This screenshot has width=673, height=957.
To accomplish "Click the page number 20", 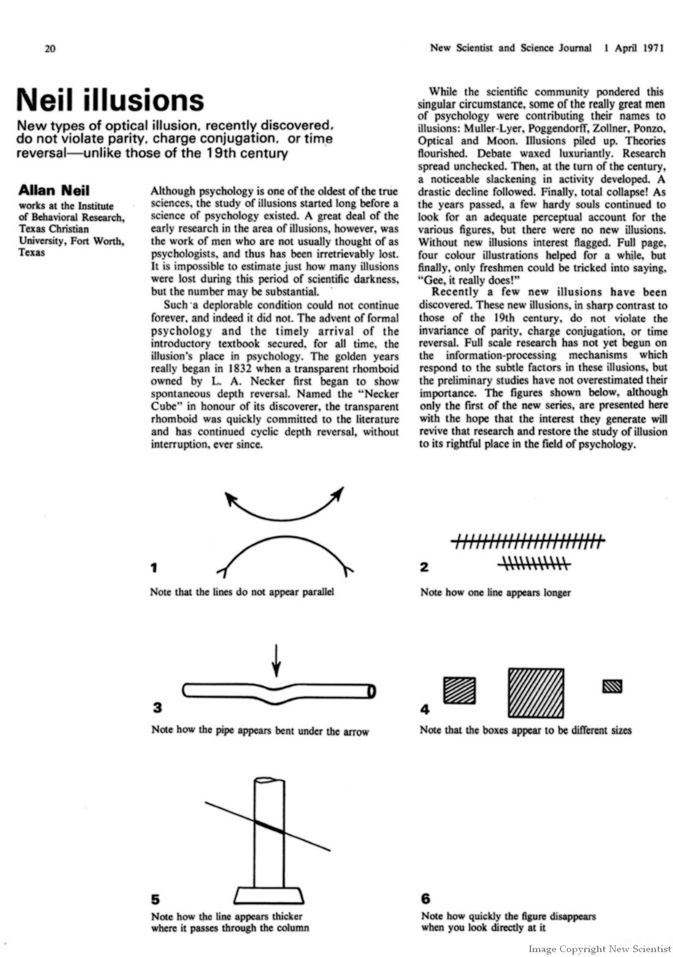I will [50, 49].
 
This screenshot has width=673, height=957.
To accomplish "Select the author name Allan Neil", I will [54, 191].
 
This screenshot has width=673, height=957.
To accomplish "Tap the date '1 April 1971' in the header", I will [633, 48].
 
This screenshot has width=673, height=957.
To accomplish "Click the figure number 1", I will [154, 568].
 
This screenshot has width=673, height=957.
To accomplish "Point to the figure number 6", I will [426, 899].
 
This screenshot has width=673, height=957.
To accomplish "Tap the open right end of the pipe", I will [371, 691].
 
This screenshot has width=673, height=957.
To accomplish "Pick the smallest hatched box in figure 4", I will [612, 687].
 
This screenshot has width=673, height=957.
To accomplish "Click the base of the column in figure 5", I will [269, 895].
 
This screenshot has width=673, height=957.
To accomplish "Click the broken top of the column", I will [269, 781].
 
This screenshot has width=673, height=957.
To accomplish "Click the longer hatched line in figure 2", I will [528, 540].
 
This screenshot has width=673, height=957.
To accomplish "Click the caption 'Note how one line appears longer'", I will [495, 592].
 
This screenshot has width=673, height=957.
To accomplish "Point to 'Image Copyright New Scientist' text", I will [600, 949].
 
